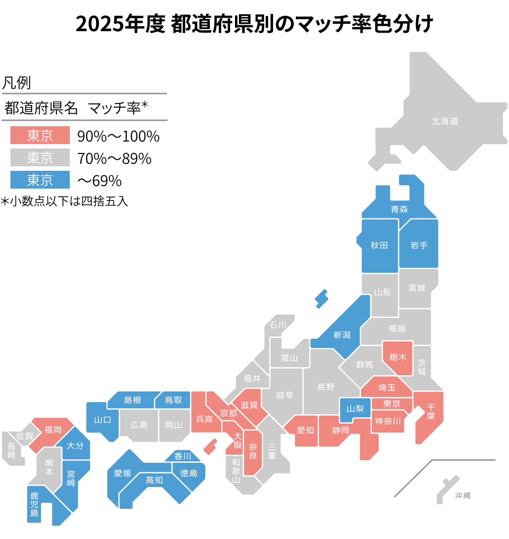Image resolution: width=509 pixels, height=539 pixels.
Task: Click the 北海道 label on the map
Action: pyautogui.click(x=445, y=121)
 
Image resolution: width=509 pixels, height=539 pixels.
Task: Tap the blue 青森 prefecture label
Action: pyautogui.click(x=399, y=209)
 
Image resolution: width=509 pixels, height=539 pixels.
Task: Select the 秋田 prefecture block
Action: pyautogui.click(x=379, y=245)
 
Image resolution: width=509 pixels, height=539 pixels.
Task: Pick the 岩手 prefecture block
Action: pyautogui.click(x=418, y=245)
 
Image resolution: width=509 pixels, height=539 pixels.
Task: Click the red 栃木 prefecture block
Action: pyautogui.click(x=398, y=357)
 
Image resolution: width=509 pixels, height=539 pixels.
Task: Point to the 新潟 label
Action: pyautogui.click(x=342, y=335)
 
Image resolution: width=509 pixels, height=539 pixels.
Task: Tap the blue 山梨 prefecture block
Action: pyautogui.click(x=355, y=409)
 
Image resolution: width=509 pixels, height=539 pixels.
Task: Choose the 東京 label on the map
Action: pyautogui.click(x=391, y=404)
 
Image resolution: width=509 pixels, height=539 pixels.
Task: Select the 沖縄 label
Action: pyautogui.click(x=463, y=495)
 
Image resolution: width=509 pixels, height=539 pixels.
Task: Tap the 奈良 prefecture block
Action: pyautogui.click(x=253, y=451)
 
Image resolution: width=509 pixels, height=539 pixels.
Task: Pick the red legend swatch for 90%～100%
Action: pyautogui.click(x=40, y=135)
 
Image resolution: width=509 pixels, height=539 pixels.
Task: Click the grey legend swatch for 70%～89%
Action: pyautogui.click(x=40, y=158)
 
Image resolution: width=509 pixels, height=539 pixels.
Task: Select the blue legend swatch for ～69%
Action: pyautogui.click(x=40, y=180)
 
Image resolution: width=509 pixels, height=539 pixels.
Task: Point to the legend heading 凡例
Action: pyautogui.click(x=17, y=83)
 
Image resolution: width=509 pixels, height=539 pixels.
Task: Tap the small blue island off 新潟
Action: pyautogui.click(x=322, y=298)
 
